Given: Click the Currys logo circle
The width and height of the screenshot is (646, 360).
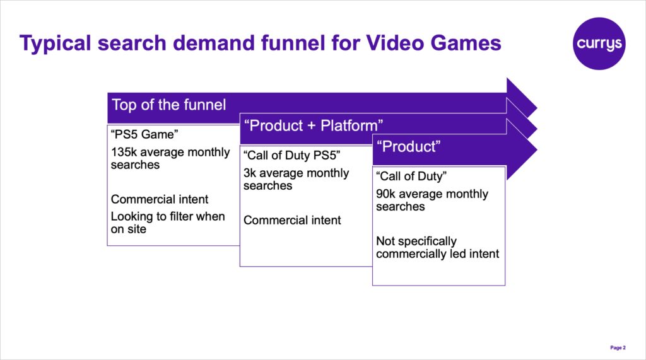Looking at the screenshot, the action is tap(599, 44).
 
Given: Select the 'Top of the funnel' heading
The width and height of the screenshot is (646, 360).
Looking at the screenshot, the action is tap(169, 105).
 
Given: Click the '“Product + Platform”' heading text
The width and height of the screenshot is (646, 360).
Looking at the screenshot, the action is tap(314, 125).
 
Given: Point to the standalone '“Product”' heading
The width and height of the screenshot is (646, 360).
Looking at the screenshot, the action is tap(408, 147).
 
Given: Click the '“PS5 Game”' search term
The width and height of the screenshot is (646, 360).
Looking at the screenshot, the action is tap(144, 134).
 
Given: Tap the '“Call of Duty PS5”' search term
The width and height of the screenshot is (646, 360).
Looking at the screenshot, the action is tap(291, 155).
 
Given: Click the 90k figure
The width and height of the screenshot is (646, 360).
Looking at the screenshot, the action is tap(385, 194).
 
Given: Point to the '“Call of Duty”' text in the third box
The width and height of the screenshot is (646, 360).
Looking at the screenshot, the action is tap(411, 177).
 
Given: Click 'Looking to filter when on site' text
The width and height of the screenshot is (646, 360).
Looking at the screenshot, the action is tap(168, 223).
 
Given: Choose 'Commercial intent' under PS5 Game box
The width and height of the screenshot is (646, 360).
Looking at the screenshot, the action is tap(160, 199).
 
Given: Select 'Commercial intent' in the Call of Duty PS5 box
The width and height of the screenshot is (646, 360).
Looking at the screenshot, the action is tap(292, 221).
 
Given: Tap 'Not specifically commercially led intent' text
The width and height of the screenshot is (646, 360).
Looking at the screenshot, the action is tap(437, 247).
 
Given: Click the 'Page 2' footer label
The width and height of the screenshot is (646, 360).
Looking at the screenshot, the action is tap(618, 347).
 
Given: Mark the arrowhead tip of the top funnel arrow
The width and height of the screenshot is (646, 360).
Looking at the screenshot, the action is tap(537, 108).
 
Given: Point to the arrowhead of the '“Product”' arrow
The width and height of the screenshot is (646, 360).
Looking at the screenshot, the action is tap(522, 149).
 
